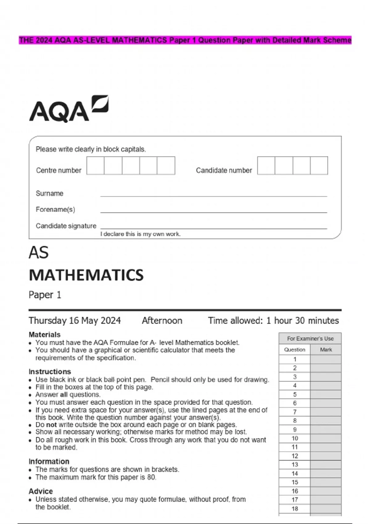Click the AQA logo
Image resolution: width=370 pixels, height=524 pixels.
tap(68, 109)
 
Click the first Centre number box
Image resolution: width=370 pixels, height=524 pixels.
tap(95, 166)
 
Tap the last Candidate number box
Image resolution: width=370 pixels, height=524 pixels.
tap(319, 166)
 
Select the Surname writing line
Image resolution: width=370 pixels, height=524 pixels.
tap(213, 194)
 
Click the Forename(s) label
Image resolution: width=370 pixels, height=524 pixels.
tap(55, 210)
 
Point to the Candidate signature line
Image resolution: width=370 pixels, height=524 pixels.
tap(213, 227)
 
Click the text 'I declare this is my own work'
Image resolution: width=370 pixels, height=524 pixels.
tap(140, 234)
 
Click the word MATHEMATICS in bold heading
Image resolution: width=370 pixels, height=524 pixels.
tap(86, 275)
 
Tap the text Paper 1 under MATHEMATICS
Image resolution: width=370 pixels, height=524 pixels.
tap(45, 295)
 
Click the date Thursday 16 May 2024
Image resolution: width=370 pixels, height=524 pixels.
tap(75, 321)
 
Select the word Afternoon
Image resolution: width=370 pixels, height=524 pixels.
tap(162, 321)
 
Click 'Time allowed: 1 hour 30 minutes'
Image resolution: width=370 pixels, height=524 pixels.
tap(273, 321)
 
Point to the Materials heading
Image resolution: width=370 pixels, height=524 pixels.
tap(44, 334)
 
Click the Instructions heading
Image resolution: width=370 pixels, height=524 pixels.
tap(50, 371)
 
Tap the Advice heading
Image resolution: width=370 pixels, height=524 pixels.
tap(41, 491)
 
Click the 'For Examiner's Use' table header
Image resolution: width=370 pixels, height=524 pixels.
tap(310, 338)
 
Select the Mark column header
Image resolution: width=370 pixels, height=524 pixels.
tap(326, 350)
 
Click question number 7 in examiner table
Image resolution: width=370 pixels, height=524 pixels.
tap(295, 412)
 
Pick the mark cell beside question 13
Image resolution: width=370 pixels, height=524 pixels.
tap(326, 465)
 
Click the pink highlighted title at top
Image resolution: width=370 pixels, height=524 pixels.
tap(185, 40)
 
